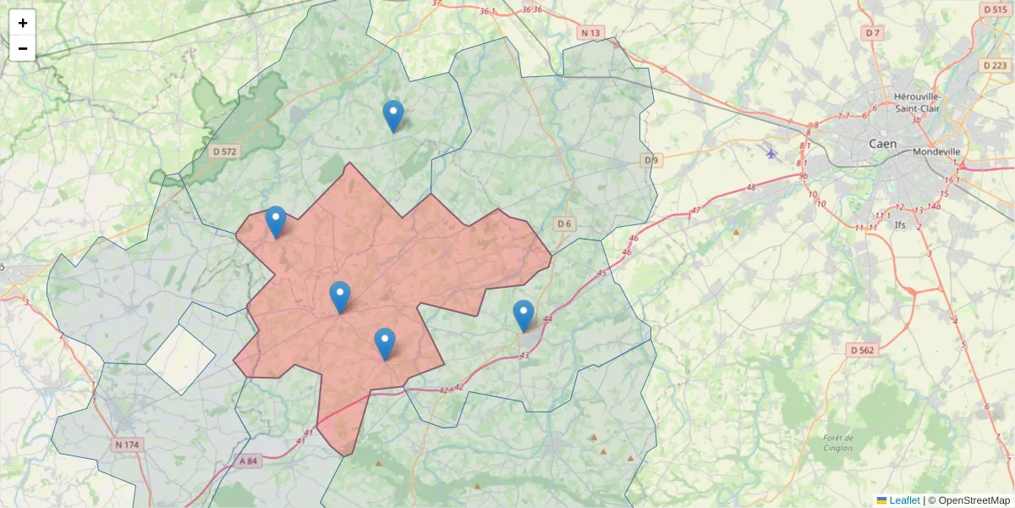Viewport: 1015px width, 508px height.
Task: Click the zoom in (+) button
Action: coord(23,23)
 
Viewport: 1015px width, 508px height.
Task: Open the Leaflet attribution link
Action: coord(903,500)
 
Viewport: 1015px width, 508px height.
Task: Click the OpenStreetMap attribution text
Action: coord(974,500)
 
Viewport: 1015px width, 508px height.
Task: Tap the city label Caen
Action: coord(883,144)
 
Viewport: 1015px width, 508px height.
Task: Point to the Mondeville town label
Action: coord(936,152)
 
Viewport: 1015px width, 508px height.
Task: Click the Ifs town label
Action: coord(924,224)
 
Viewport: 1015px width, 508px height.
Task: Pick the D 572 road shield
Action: coord(225,152)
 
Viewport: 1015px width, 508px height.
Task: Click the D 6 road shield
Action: coord(564,224)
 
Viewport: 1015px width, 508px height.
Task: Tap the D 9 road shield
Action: coord(650,160)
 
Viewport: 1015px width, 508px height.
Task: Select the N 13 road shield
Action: coord(590,33)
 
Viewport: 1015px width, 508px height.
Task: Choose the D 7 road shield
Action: coord(873,33)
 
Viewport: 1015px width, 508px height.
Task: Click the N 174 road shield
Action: coord(127,444)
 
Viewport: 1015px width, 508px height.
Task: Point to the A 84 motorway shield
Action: coord(248,461)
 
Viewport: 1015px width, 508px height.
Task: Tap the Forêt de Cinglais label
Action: coord(837,443)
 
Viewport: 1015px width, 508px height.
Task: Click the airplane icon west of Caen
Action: coord(771,153)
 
